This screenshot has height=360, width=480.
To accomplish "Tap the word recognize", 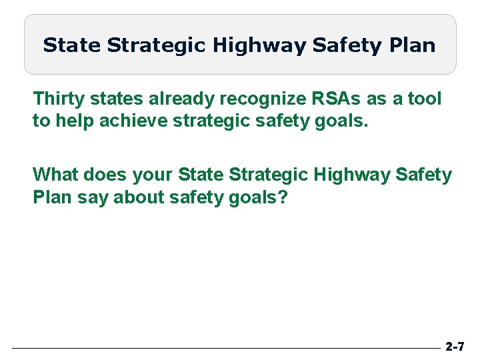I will [267, 99].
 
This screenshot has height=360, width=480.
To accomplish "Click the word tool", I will [425, 99].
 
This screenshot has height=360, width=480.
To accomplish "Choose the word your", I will [153, 175].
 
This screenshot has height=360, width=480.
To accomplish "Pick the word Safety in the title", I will [345, 46].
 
